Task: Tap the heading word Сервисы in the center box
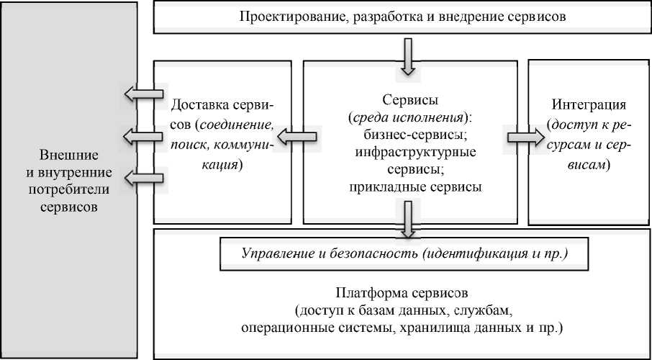(408, 99)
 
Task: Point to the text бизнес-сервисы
(408, 135)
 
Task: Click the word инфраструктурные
(408, 152)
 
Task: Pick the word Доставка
(198, 104)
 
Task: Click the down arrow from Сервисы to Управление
(408, 219)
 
